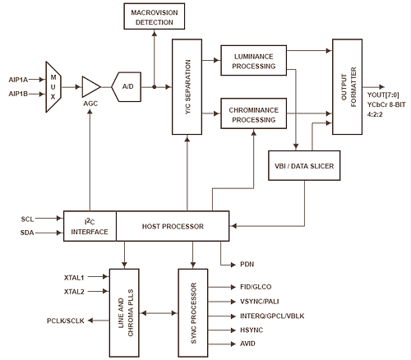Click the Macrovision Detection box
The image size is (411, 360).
155,16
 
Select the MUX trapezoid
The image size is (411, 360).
53,87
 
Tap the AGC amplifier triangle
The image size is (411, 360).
91,87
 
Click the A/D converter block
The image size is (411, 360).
127,87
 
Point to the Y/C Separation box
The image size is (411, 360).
187,87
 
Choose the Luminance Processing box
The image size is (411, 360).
254,61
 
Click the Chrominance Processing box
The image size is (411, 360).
254,113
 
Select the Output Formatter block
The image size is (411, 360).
348,87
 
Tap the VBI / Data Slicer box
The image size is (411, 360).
304,165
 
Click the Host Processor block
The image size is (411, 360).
173,226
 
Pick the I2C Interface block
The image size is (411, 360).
90,226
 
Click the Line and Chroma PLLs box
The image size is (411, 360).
124,313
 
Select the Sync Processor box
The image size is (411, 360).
193,313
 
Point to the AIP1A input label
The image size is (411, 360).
18,80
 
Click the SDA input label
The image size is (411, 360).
27,233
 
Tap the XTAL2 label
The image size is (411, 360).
74,292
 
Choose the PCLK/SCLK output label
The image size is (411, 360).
66,321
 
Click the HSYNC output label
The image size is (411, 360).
252,330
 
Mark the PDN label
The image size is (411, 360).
247,265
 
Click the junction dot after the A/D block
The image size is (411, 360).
155,87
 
